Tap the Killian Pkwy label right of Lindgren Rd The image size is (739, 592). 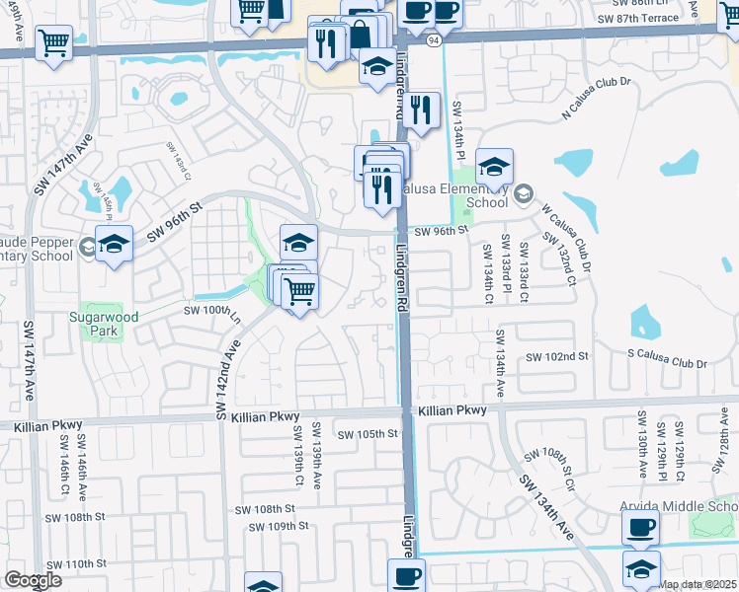point(452,410)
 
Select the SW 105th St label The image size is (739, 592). point(367,434)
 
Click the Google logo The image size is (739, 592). point(33,580)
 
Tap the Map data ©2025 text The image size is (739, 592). point(698,584)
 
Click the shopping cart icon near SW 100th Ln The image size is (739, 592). point(298,290)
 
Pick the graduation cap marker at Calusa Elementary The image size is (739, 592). point(494,166)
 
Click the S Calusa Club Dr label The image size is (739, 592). point(667,364)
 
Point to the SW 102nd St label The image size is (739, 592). point(557,356)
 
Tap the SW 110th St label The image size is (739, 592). point(75,564)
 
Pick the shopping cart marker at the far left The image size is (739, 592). point(52,42)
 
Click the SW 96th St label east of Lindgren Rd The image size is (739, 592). point(440,231)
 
